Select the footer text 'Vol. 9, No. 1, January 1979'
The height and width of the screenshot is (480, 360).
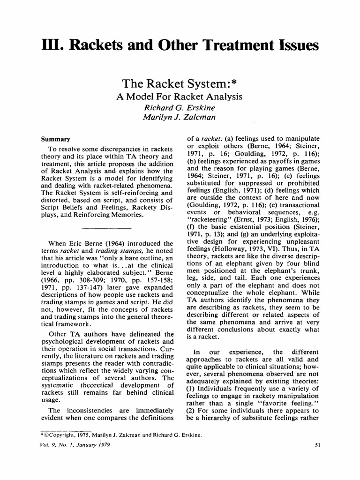coord(75,445)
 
